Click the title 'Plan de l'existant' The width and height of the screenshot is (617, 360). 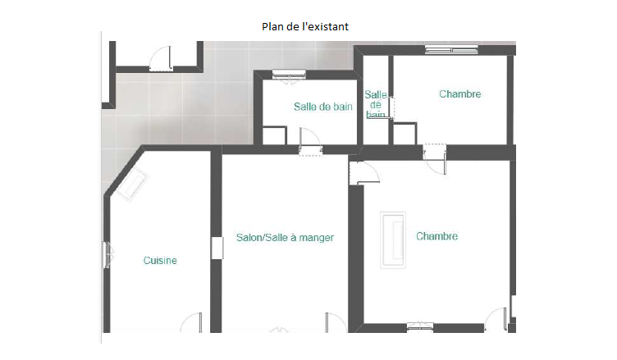305,27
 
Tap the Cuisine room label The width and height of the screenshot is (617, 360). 160,261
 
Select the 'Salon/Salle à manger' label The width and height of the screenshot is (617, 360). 285,238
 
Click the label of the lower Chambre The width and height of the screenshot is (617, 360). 436,236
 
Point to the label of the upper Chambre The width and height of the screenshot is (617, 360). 460,94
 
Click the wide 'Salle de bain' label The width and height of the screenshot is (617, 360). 323,107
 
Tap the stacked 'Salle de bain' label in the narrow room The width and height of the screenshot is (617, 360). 376,104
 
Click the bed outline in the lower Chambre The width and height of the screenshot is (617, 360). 393,240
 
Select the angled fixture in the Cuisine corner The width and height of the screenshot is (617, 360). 132,185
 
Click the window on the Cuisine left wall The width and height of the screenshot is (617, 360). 107,255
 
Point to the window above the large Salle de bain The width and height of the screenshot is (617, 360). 289,75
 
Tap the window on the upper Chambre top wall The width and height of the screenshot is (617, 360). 451,50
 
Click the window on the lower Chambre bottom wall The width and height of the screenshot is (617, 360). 420,326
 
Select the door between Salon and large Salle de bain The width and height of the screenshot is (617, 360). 310,142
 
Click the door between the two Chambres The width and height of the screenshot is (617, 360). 435,158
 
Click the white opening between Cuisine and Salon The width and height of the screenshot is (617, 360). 217,248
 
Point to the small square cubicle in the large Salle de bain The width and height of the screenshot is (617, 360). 274,135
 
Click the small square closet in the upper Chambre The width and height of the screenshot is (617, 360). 405,134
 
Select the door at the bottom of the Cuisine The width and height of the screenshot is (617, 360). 191,322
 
